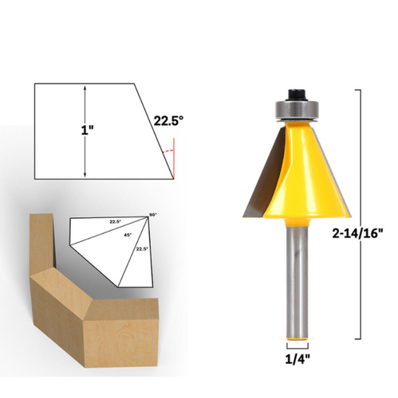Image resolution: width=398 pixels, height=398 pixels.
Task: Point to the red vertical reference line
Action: [x=174, y=157]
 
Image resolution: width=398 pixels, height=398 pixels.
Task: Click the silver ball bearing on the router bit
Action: [x=296, y=107]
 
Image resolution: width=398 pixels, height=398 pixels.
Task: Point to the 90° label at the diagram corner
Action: [x=153, y=216]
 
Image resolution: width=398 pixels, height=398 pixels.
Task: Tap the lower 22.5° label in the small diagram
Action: [x=141, y=249]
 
